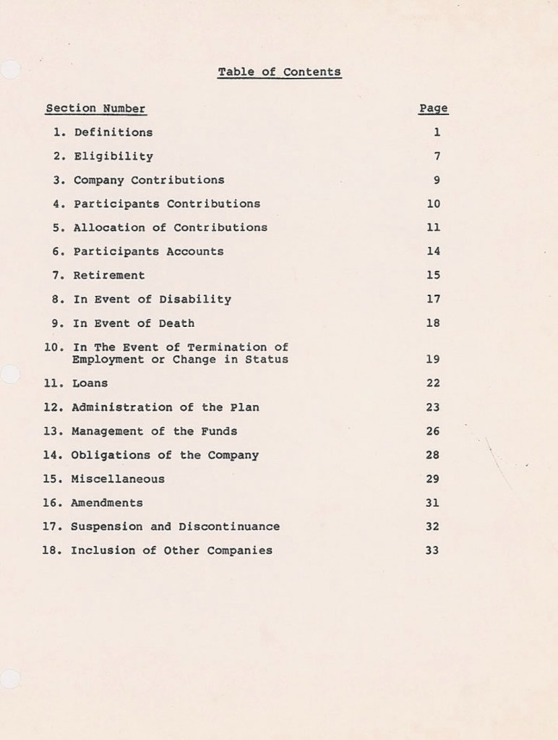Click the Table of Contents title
279,72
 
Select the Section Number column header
95,109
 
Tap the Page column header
433,109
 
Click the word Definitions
113,132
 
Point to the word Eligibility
113,156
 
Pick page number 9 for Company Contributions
437,180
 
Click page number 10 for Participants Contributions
433,204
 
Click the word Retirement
109,275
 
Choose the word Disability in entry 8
195,299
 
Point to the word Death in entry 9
176,323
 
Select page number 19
433,360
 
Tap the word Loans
90,383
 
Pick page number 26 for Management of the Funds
433,431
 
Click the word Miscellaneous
118,479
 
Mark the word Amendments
107,503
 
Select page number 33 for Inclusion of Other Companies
433,550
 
